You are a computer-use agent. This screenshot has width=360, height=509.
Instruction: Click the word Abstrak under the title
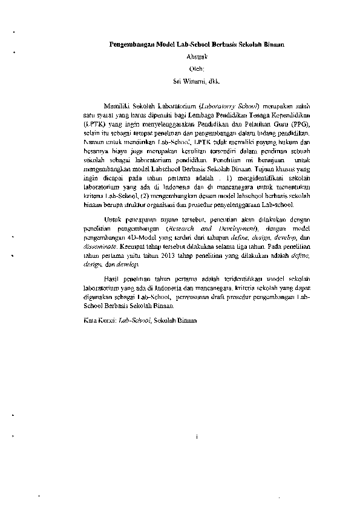point(197,56)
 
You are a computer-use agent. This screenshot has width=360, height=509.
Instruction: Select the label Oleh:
point(197,68)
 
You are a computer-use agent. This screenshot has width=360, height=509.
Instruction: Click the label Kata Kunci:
point(99,319)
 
